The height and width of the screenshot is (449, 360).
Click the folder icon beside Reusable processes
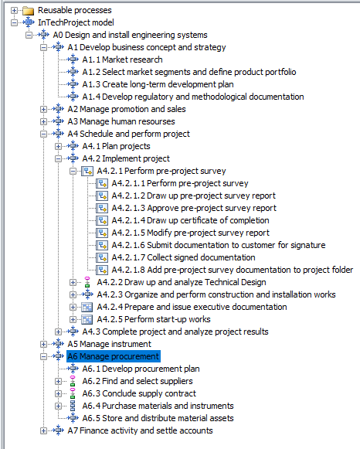click(x=29, y=11)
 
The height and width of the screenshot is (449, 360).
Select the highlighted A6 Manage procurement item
click(x=114, y=356)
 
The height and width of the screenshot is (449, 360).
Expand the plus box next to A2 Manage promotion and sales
click(x=43, y=109)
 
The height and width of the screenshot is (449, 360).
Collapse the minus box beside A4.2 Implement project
click(x=59, y=158)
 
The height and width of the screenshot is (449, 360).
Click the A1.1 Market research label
click(x=122, y=60)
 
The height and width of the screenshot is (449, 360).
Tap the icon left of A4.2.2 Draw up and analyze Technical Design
click(x=87, y=282)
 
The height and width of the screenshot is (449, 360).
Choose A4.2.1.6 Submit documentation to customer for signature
click(x=219, y=245)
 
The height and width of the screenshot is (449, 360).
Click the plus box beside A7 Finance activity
click(x=43, y=430)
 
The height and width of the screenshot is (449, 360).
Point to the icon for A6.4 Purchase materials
click(x=73, y=406)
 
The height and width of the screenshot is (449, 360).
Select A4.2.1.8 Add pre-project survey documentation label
click(x=232, y=270)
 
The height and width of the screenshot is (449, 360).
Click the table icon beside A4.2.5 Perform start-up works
click(x=87, y=319)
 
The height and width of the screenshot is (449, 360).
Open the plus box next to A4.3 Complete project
click(x=59, y=332)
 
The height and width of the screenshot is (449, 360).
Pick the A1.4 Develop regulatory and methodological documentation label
click(x=193, y=97)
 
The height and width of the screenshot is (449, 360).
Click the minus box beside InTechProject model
click(x=14, y=22)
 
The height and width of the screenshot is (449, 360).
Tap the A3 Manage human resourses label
click(x=121, y=121)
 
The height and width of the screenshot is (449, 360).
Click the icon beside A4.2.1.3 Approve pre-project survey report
click(x=102, y=208)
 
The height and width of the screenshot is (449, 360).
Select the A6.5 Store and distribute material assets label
click(x=158, y=418)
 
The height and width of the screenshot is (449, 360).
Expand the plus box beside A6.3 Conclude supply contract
click(x=59, y=393)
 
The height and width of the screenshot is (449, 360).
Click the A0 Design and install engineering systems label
click(x=130, y=35)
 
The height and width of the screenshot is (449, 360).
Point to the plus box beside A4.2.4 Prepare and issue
click(x=73, y=307)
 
